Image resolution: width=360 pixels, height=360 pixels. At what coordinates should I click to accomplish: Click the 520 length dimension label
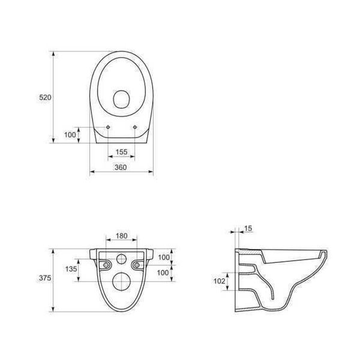point(45,97)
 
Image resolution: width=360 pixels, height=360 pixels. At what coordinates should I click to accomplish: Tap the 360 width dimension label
point(121,167)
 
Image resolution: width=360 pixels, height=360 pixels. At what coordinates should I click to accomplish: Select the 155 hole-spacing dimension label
point(121,152)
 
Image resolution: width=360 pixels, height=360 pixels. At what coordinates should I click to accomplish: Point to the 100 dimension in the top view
point(70,135)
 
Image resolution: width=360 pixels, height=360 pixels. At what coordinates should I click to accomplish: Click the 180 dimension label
point(121,236)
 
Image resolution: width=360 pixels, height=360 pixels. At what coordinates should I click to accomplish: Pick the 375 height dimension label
point(45,278)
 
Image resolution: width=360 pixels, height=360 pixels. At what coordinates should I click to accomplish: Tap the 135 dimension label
point(71,269)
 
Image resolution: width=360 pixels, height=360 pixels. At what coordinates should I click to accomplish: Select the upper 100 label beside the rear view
point(164,257)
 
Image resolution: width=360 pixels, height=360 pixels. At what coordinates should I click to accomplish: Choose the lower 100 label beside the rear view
point(163,273)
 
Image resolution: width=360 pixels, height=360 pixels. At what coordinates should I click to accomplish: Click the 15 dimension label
point(248,229)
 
